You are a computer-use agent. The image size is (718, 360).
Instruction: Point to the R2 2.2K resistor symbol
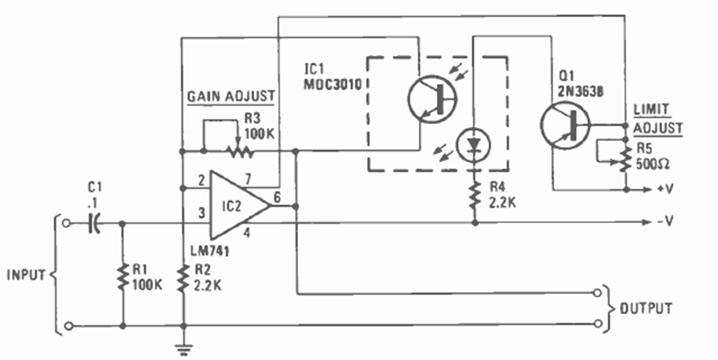184,276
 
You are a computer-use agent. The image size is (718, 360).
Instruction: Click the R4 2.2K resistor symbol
474,193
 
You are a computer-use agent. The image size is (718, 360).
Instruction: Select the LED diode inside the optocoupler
473,146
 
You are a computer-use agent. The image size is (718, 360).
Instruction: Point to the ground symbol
184,348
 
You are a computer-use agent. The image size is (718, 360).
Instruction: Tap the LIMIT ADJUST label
657,121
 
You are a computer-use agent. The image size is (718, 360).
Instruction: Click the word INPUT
24,274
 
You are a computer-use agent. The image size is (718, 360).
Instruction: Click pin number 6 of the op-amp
278,195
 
